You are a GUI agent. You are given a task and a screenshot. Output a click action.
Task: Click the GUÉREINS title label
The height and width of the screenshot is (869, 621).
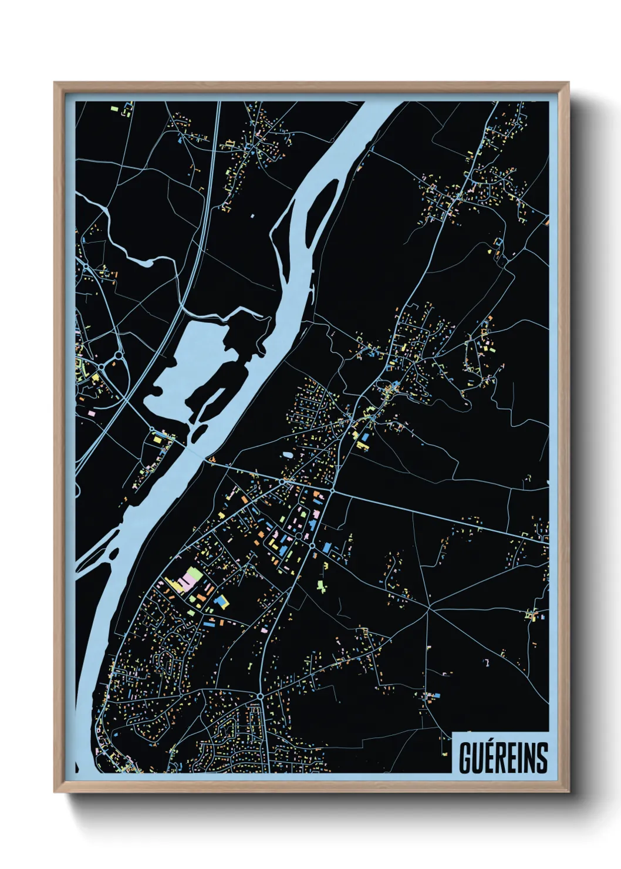(503, 758)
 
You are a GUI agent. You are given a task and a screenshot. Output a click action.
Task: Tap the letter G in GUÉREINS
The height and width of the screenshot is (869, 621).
(464, 759)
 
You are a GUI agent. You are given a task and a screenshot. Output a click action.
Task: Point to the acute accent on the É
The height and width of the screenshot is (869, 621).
(491, 741)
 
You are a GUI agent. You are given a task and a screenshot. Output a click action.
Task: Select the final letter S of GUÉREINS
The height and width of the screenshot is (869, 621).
(542, 759)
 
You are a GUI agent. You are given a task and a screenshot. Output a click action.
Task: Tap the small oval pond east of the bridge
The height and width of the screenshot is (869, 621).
(288, 455)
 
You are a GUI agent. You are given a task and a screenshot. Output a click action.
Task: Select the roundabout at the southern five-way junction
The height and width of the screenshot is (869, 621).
(260, 696)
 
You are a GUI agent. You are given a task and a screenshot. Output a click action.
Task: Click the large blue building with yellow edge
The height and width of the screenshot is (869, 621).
(221, 601)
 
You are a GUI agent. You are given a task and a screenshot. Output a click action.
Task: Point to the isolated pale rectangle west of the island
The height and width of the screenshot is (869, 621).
(252, 215)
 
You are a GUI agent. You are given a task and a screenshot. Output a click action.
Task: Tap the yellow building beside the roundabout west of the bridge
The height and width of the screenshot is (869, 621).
(157, 439)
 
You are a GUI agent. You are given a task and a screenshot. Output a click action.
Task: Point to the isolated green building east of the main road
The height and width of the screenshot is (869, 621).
(320, 585)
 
